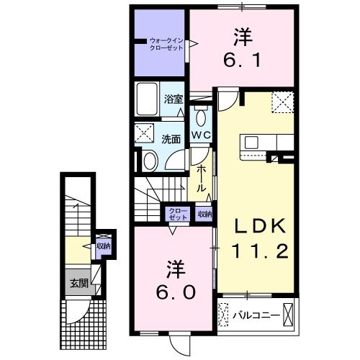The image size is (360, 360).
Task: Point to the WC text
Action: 200,134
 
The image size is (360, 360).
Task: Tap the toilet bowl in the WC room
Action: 201,117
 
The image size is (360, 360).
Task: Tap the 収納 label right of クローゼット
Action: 204,214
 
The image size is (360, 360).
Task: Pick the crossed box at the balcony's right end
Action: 288,315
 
